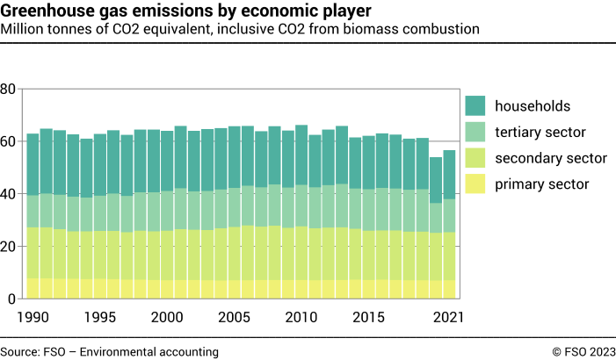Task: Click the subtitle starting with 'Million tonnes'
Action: (x=240, y=29)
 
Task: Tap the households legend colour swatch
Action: (x=475, y=106)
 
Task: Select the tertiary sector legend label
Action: (x=540, y=133)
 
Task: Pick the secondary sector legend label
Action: (x=549, y=158)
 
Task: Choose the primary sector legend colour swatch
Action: (x=475, y=184)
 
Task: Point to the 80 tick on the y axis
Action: (x=8, y=89)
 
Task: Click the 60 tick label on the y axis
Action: (x=8, y=141)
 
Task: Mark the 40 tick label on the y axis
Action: (x=8, y=194)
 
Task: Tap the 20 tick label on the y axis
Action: (x=8, y=247)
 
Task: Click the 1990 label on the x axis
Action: (x=33, y=316)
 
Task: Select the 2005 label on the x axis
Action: (x=234, y=316)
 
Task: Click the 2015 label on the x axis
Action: (x=368, y=316)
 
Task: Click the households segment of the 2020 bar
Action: (x=435, y=180)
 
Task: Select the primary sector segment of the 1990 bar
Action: (x=33, y=289)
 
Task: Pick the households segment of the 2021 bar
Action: (x=449, y=175)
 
